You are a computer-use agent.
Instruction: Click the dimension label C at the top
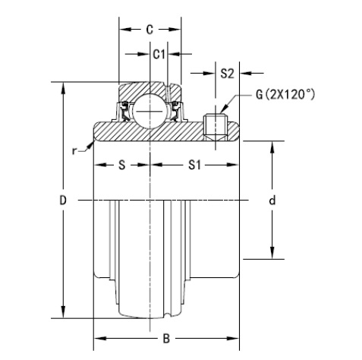point(150,30)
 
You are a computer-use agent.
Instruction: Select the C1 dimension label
point(159,54)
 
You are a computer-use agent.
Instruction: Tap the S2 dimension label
point(227,73)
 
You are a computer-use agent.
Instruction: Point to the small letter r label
point(74,150)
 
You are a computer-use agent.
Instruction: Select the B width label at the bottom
point(165,339)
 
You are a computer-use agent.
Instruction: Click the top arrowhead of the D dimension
point(63,86)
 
